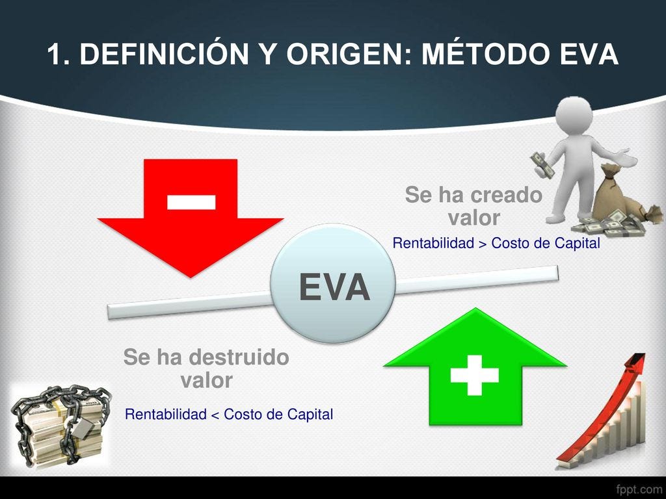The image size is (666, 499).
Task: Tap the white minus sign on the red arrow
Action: coord(191,201)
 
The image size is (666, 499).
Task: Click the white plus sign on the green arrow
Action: coord(475,375)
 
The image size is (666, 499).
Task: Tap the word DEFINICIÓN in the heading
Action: coord(165,55)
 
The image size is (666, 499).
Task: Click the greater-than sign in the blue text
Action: coord(483,244)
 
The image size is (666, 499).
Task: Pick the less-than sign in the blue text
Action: coord(215,415)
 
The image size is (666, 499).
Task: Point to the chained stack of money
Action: coord(59,426)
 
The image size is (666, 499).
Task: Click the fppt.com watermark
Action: coord(638,487)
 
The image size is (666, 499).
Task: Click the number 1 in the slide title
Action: coord(57,55)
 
